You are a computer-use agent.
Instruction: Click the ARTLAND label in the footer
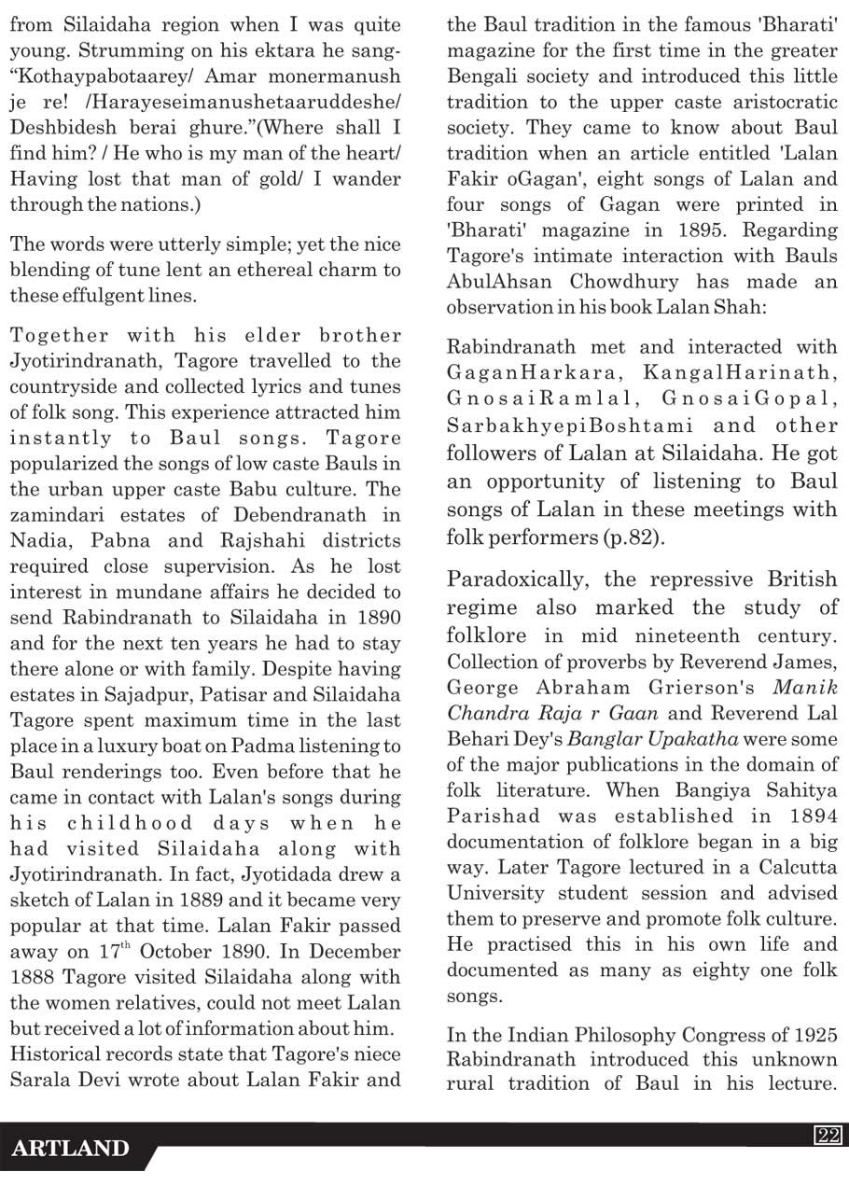pos(70,1149)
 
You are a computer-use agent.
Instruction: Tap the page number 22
pos(828,1136)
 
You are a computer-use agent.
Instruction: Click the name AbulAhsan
pos(494,282)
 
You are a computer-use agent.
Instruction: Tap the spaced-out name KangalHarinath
pos(736,373)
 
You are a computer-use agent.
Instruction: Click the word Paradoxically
pos(517,579)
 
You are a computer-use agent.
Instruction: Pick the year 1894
pos(812,815)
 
